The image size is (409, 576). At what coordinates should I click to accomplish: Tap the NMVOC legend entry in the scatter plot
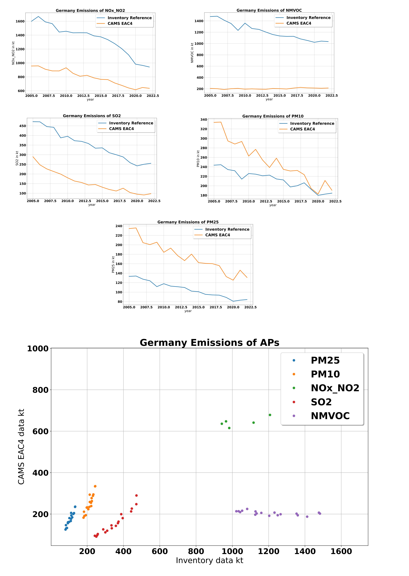(x=330, y=416)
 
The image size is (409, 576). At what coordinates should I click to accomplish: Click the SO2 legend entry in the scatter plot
(x=321, y=402)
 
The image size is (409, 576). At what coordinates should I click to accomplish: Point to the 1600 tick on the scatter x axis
(x=341, y=552)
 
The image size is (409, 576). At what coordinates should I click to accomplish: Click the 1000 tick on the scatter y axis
(x=38, y=349)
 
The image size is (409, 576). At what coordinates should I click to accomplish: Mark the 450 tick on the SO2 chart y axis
(x=22, y=126)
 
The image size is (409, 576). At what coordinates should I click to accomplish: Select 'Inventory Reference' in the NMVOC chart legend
(x=308, y=18)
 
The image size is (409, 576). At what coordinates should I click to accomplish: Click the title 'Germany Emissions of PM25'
(x=188, y=222)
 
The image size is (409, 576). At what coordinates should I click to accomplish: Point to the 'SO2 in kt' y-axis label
(x=17, y=158)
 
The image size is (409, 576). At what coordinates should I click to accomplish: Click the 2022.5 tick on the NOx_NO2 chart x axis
(x=153, y=96)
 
